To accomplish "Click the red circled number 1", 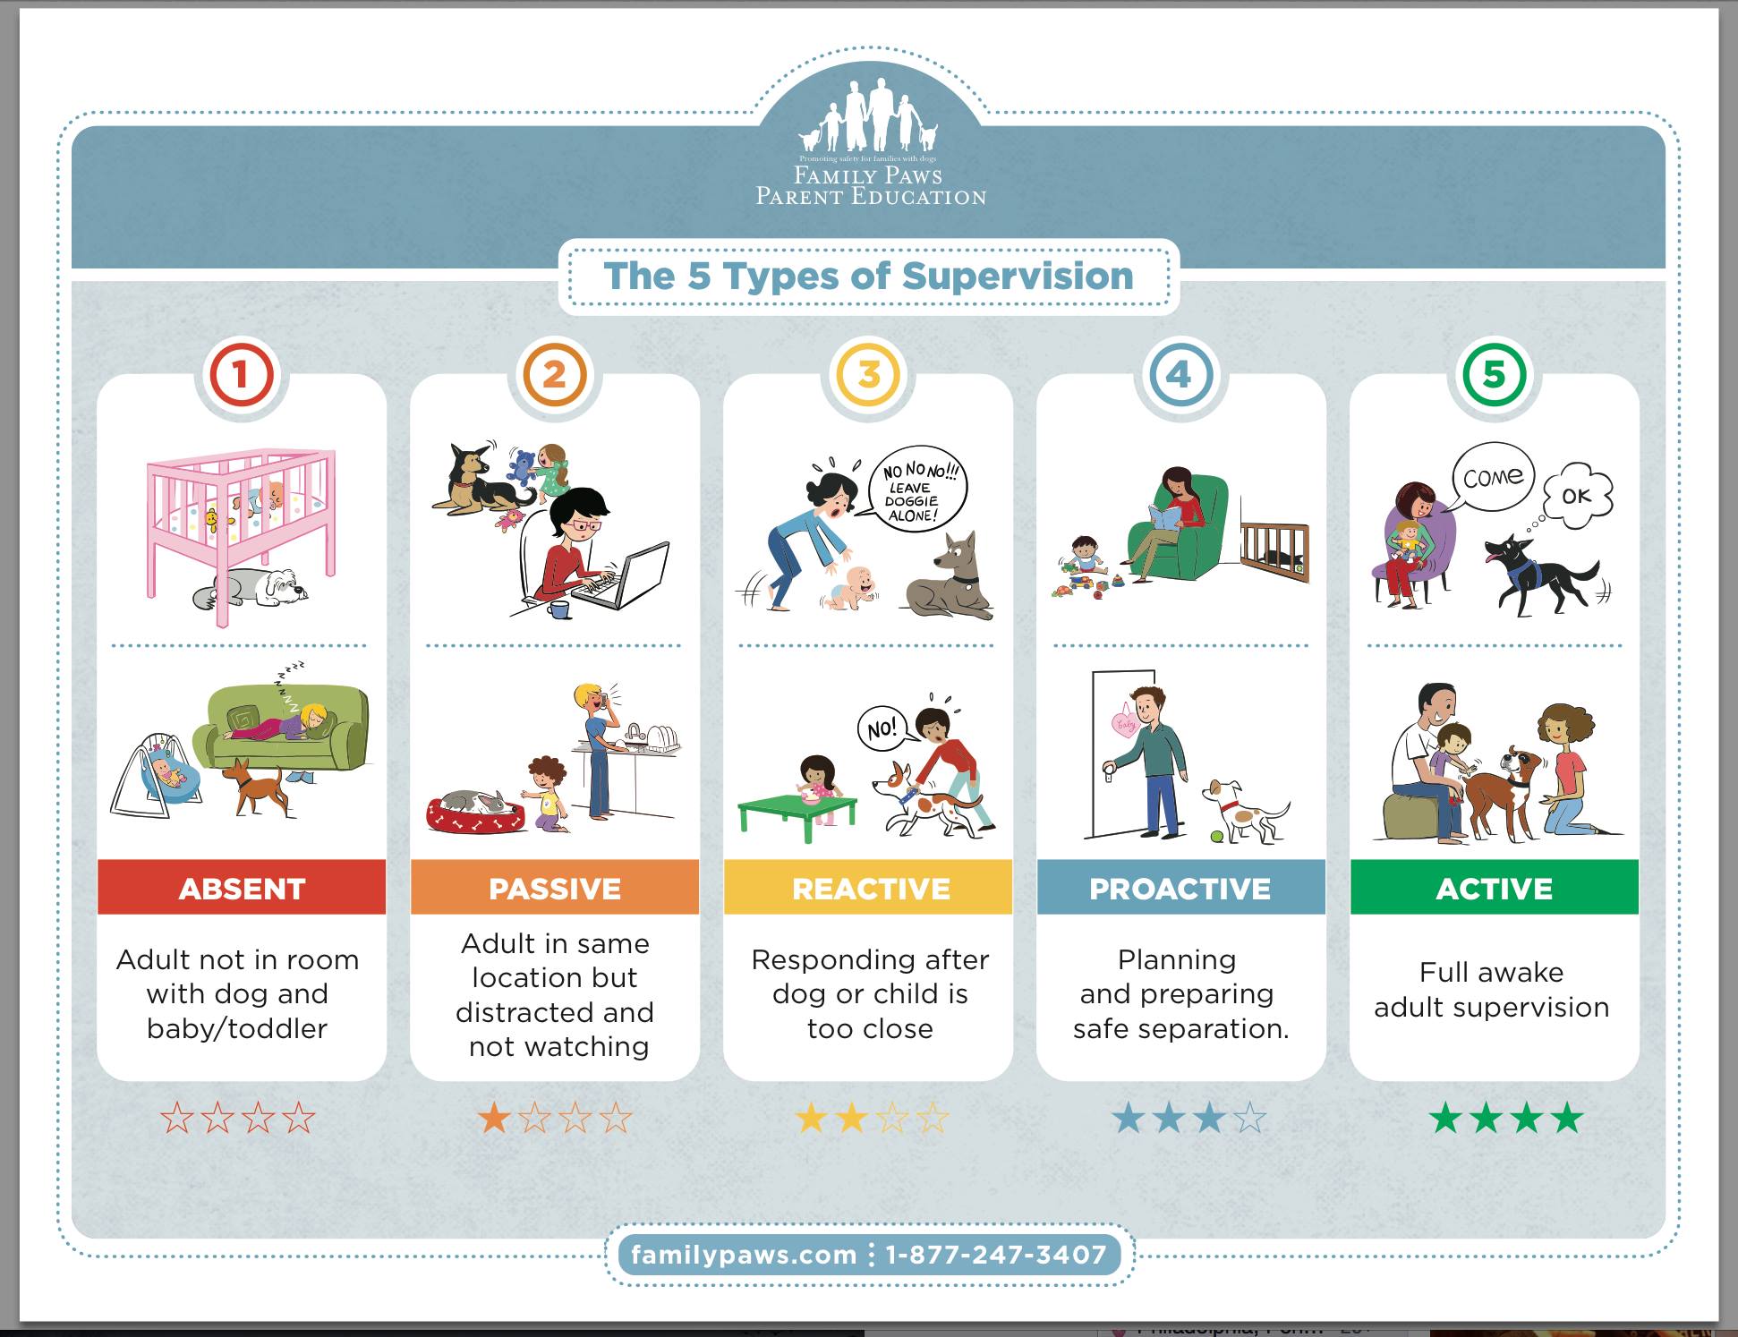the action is pyautogui.click(x=240, y=374).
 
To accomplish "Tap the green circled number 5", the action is pyautogui.click(x=1494, y=374).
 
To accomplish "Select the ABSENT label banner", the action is pyautogui.click(x=242, y=888).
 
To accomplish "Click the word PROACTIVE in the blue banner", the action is pyautogui.click(x=1180, y=889).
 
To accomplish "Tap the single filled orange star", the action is pyautogui.click(x=494, y=1118).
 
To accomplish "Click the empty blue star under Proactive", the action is pyautogui.click(x=1249, y=1118).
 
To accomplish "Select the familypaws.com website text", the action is pyautogui.click(x=744, y=1255).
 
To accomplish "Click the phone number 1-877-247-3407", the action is pyautogui.click(x=995, y=1255).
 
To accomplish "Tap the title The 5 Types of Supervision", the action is pyautogui.click(x=868, y=277).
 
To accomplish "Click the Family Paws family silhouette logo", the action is pyautogui.click(x=868, y=115).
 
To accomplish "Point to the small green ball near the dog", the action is pyautogui.click(x=1216, y=838).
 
